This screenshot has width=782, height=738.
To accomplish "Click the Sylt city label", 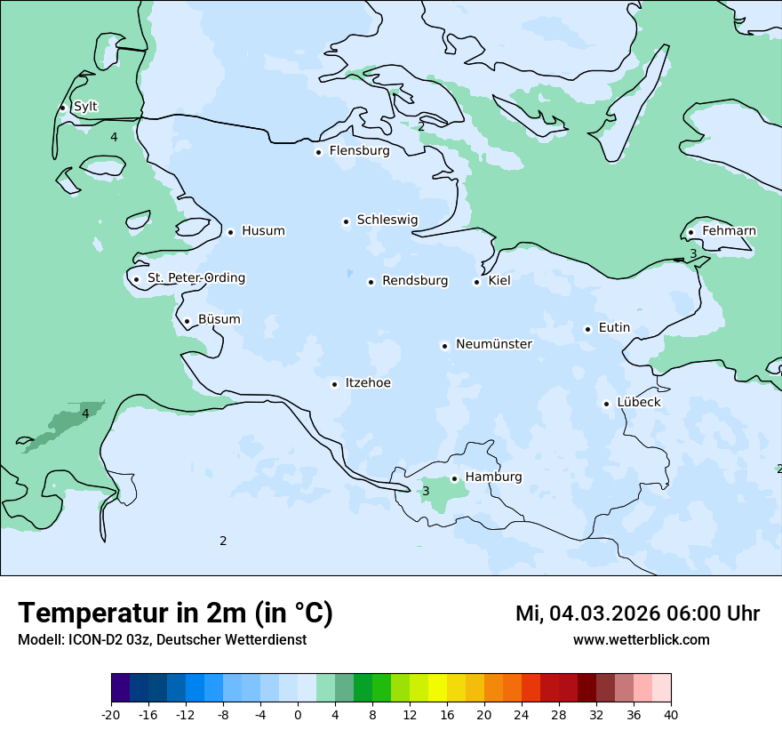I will pyautogui.click(x=85, y=107).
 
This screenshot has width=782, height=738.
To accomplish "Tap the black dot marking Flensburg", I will pyautogui.click(x=318, y=152).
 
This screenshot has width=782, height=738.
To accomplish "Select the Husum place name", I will pyautogui.click(x=263, y=231).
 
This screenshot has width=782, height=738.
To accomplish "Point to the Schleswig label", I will pyautogui.click(x=387, y=220).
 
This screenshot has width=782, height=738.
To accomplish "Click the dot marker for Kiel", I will pyautogui.click(x=476, y=283).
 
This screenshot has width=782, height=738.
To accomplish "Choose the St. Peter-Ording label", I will pyautogui.click(x=195, y=278).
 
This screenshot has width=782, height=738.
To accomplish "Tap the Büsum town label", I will pyautogui.click(x=219, y=319).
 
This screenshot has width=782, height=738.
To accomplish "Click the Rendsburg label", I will pyautogui.click(x=415, y=281).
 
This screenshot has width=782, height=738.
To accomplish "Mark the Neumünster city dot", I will pyautogui.click(x=444, y=346).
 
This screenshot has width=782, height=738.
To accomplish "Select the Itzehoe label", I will pyautogui.click(x=367, y=383).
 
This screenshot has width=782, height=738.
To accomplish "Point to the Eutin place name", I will pyautogui.click(x=614, y=327).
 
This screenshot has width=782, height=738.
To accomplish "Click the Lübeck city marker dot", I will pyautogui.click(x=606, y=404).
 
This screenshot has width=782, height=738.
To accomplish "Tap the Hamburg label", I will pyautogui.click(x=493, y=477).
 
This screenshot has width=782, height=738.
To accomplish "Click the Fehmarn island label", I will pyautogui.click(x=729, y=231).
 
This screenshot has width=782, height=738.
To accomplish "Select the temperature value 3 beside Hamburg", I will pyautogui.click(x=426, y=491).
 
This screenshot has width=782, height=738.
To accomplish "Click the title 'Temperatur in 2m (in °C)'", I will pyautogui.click(x=175, y=614).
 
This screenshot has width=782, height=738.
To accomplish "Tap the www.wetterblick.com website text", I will pyautogui.click(x=641, y=640).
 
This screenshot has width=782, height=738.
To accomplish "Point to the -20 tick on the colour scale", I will pyautogui.click(x=111, y=714).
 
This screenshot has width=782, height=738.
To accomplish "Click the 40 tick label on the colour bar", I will pyautogui.click(x=671, y=714).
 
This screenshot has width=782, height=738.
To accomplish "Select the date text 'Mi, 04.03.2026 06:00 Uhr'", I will pyautogui.click(x=637, y=614).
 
